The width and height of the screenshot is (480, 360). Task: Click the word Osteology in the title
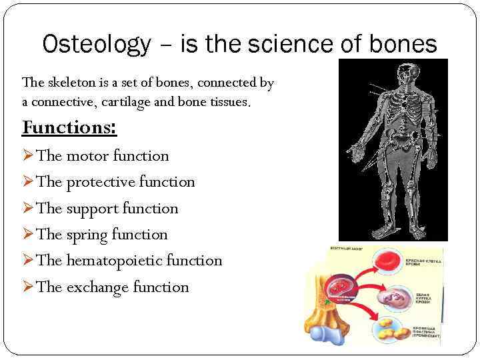pyautogui.click(x=97, y=45)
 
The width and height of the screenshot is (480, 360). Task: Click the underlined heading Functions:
pyautogui.click(x=69, y=127)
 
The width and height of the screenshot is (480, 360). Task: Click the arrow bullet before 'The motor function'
pyautogui.click(x=28, y=156)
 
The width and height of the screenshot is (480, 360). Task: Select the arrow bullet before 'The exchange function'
pyautogui.click(x=28, y=287)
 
